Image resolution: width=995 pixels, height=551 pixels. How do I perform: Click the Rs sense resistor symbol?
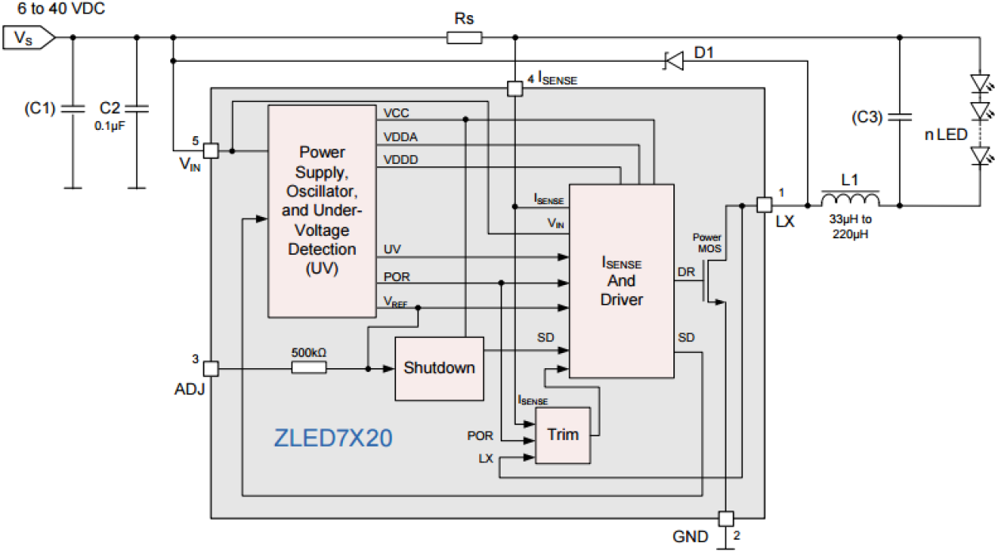[464, 37]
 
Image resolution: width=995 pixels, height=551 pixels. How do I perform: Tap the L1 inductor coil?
[850, 199]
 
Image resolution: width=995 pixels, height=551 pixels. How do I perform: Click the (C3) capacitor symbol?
[899, 118]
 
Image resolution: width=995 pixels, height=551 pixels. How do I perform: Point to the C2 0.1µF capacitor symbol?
[136, 108]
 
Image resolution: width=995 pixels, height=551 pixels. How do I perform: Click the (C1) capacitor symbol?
[73, 108]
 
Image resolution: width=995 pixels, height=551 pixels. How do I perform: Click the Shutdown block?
[439, 368]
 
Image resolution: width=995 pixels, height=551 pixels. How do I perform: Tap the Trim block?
[562, 435]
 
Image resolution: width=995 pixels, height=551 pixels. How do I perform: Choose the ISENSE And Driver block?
[621, 281]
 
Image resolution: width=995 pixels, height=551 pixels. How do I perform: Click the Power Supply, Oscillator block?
[322, 210]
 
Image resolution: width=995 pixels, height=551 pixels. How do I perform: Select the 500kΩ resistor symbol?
[308, 368]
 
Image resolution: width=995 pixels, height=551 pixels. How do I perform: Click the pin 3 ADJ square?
[211, 368]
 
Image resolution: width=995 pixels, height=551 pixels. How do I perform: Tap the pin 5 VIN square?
[211, 150]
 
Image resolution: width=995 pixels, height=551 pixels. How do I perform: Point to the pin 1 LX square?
[764, 204]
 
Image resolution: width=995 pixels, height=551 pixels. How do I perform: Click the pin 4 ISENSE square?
[514, 89]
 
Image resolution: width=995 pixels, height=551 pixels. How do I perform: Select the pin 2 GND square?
[726, 519]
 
